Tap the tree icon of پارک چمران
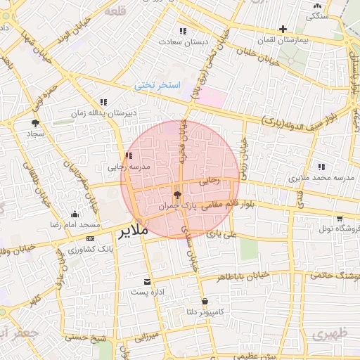[176, 195]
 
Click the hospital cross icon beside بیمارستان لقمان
[283, 30]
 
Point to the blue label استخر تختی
[158, 85]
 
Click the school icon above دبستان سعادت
[184, 31]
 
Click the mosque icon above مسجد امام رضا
[75, 214]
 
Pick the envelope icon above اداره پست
[147, 281]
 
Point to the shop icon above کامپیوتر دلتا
[205, 301]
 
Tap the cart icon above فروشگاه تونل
[340, 219]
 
